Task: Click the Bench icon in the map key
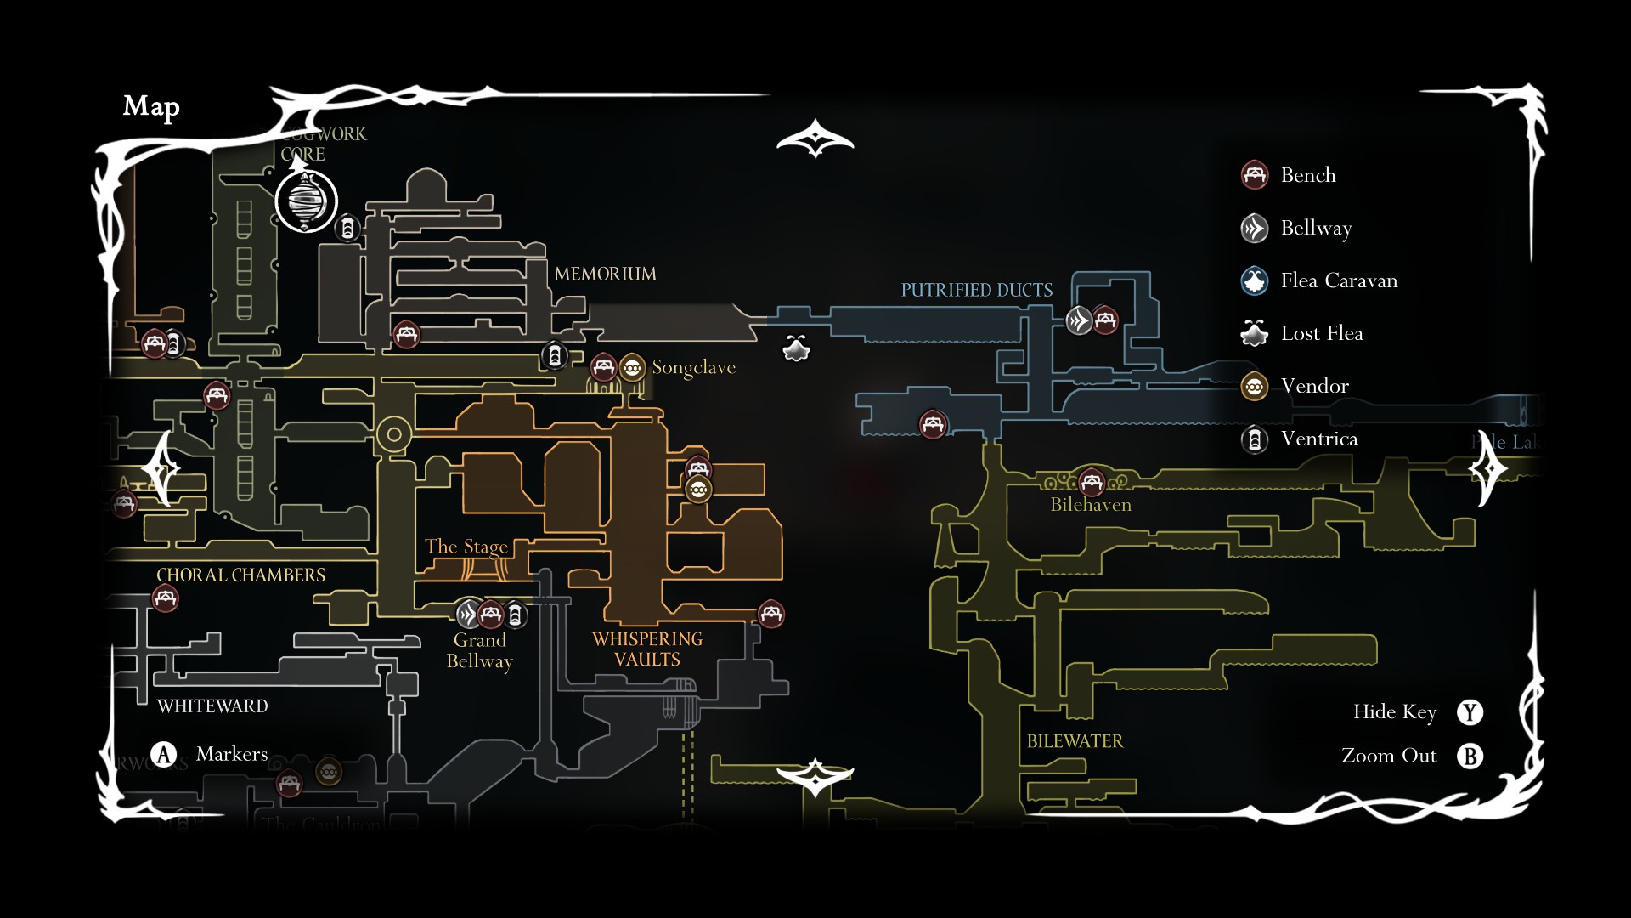tap(1255, 175)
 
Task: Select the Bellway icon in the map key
tap(1255, 229)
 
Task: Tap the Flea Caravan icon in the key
tap(1255, 281)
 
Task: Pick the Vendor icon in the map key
tap(1255, 387)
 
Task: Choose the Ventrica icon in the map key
tap(1255, 439)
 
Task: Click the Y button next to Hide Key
tap(1470, 712)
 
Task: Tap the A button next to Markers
tap(163, 754)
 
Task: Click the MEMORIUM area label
tap(605, 274)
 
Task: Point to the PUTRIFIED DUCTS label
tap(976, 290)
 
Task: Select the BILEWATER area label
tap(1075, 741)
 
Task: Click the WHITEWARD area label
tap(212, 706)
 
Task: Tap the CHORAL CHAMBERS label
tap(240, 575)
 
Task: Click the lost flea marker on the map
tap(796, 348)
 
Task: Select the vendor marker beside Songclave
tap(632, 368)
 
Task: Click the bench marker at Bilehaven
tap(1092, 483)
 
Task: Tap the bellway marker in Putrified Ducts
tap(1079, 320)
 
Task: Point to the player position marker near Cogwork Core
tap(306, 201)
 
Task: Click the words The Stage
tap(466, 547)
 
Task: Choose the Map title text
tap(151, 106)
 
